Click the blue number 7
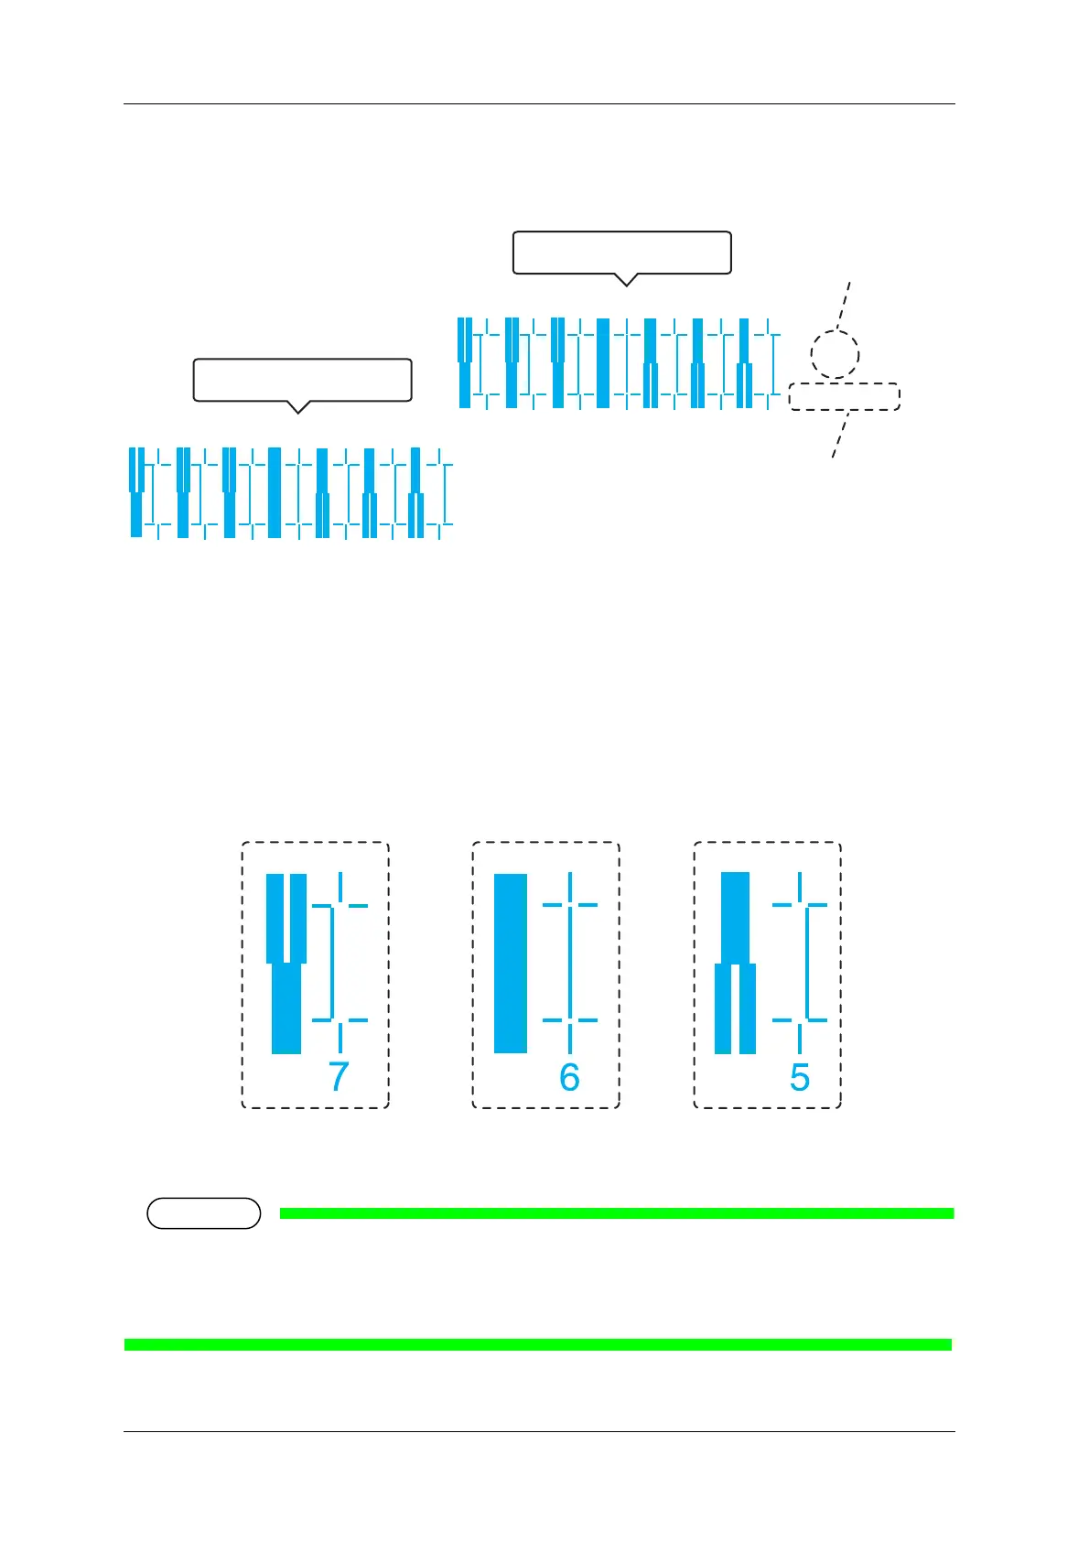[339, 1077]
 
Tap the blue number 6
[569, 1077]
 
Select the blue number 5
[800, 1077]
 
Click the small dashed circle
[835, 353]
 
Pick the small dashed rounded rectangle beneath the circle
[844, 396]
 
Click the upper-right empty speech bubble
[621, 252]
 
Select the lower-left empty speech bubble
[302, 380]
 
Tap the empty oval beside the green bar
[203, 1213]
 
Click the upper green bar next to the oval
[616, 1213]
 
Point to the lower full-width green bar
[538, 1344]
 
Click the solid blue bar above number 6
[511, 963]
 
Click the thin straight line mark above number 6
[570, 963]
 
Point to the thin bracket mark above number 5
[804, 963]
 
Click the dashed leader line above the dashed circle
[845, 305]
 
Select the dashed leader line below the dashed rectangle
[840, 435]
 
